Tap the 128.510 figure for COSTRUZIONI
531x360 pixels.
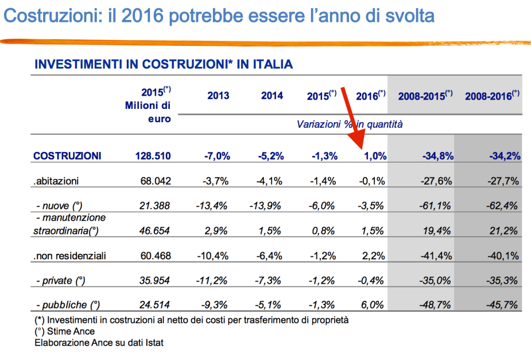pos(153,156)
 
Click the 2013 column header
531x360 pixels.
pos(218,96)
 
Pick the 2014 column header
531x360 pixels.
pos(272,96)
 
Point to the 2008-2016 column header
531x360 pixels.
pos(492,96)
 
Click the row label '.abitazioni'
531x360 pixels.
pos(56,181)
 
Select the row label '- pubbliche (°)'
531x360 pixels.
pos(66,305)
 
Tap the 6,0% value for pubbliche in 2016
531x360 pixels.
pos(374,305)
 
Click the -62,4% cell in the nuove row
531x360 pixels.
pos(503,206)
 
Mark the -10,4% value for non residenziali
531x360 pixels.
pos(212,255)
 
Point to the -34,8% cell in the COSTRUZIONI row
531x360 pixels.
pos(438,156)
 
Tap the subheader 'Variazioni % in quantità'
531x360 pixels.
pos(350,124)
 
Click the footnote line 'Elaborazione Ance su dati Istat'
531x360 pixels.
pos(99,342)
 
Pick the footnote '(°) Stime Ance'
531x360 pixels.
pos(65,331)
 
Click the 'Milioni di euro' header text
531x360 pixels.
pos(149,112)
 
